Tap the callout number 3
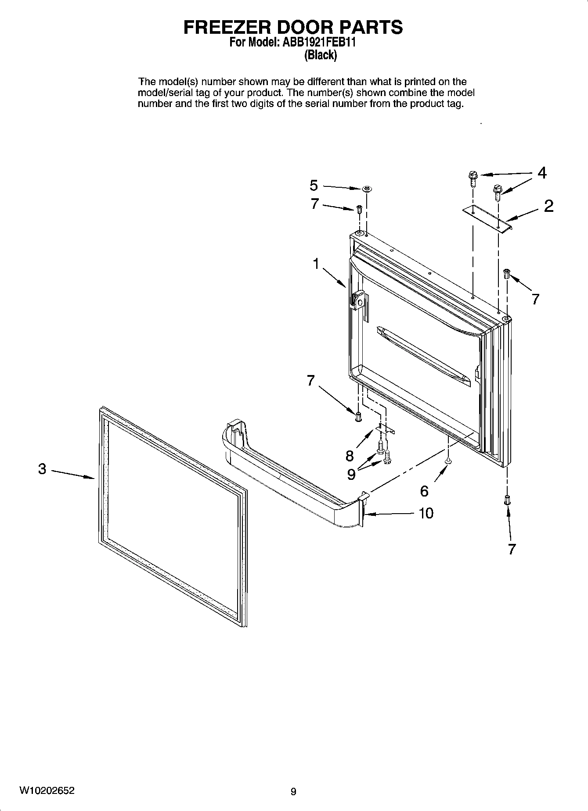(x=42, y=469)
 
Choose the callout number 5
(x=314, y=186)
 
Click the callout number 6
(x=424, y=491)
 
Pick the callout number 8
(x=350, y=456)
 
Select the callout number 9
(x=351, y=474)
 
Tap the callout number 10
(x=426, y=513)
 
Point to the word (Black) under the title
(x=321, y=55)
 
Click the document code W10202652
(x=46, y=791)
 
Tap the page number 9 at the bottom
(x=293, y=792)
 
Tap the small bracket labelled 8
(x=385, y=429)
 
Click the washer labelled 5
(x=367, y=189)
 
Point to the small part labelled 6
(x=447, y=461)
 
